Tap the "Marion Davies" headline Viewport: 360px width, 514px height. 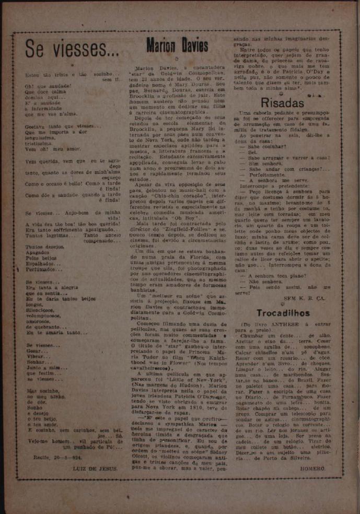click(177, 46)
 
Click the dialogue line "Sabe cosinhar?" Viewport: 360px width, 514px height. click(265, 147)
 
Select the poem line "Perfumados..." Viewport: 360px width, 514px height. click(43, 270)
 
